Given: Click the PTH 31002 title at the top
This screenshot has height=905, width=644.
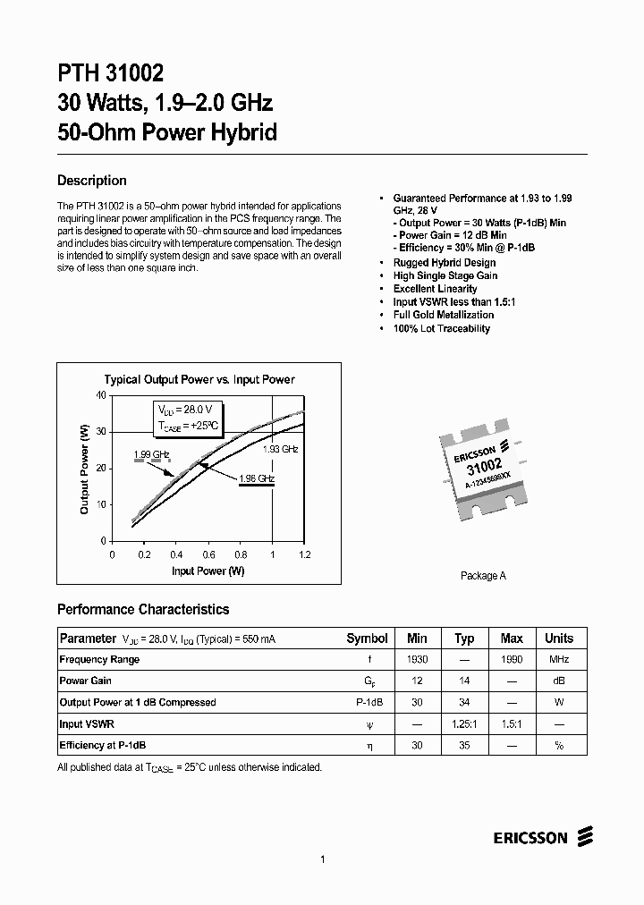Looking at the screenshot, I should coord(110,72).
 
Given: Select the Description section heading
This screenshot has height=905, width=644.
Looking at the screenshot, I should coord(91,181).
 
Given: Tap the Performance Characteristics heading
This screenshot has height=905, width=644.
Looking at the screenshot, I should coord(143,609).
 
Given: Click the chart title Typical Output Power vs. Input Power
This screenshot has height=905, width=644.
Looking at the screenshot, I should coord(199,379).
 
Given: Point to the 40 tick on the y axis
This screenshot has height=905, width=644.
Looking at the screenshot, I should coord(100,395).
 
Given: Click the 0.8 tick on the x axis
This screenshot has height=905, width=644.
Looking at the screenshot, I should coord(241,554).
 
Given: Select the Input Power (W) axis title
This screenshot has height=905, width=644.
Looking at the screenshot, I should coord(208,571).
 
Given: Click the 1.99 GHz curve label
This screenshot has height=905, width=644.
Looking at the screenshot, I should coord(151,454).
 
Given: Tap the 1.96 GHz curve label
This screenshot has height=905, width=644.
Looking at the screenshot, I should coord(256,478).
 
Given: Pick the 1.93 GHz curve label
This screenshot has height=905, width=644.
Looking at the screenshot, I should coord(280,449).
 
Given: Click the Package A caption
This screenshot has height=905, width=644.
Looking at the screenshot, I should coord(483,576).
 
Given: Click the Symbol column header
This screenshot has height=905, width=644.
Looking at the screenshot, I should coord(367,639).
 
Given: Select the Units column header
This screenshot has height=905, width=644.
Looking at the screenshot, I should coord(559,639).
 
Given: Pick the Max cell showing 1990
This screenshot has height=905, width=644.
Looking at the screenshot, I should coord(512,659).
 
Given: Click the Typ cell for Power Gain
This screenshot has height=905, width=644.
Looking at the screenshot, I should coord(464,681).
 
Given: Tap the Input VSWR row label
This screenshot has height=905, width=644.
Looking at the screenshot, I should coord(86,723).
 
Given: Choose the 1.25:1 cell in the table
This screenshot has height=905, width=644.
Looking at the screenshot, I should coord(464,723).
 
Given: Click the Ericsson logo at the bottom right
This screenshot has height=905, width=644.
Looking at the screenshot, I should coord(542,837).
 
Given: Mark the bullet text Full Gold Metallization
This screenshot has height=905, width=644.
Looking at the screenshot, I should coord(443,315).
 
